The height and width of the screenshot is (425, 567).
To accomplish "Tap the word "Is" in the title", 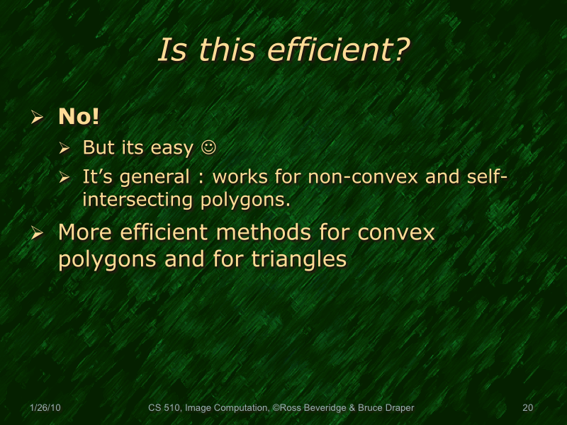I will coord(171,50).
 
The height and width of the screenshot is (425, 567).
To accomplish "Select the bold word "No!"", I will coord(79,117).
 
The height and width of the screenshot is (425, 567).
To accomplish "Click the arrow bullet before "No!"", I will coord(39,118).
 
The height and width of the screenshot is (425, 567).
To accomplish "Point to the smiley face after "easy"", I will coord(208,148).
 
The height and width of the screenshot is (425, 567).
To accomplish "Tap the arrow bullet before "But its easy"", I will coord(64,149).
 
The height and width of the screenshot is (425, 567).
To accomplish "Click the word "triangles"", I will coord(299,259).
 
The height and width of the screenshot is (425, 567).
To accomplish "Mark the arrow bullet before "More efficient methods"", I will coord(39,233).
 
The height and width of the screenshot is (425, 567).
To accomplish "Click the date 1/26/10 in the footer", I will coord(46,408).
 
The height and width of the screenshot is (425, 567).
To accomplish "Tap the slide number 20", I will coord(527,408).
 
